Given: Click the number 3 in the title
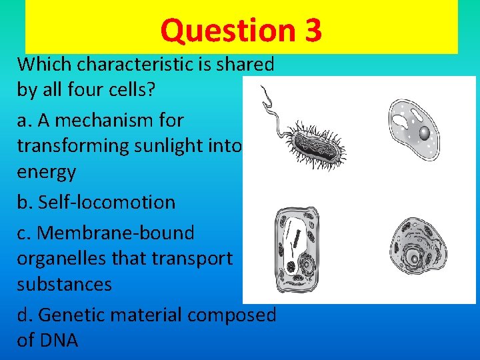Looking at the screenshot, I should (311, 30).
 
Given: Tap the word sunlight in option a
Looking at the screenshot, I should (177, 146).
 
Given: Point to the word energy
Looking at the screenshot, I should (46, 172).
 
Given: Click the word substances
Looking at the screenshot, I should (64, 284).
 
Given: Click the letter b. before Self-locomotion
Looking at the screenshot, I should (26, 202).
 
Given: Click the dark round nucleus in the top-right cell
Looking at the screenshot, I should (424, 133).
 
